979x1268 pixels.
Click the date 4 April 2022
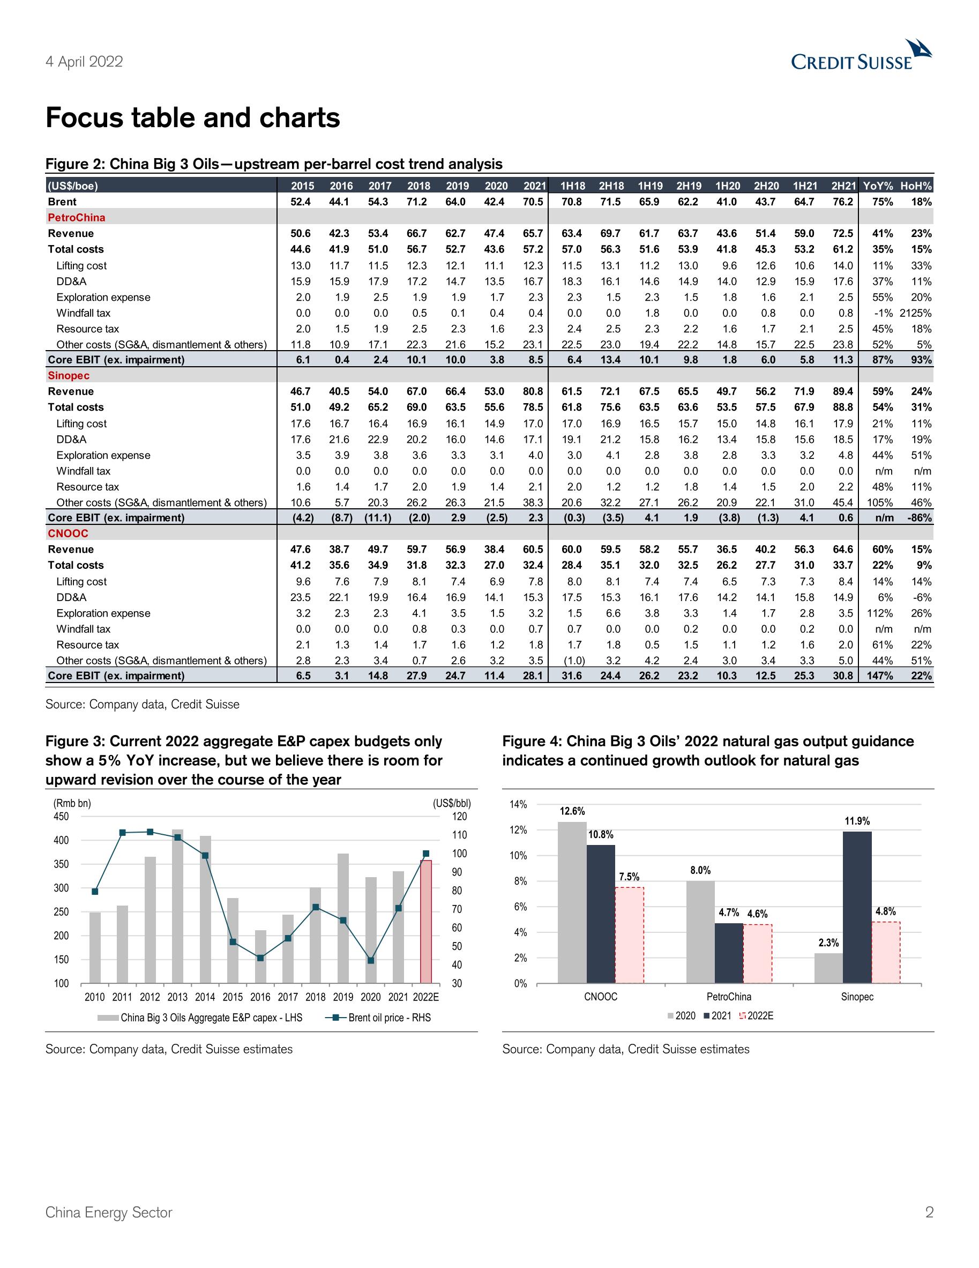(84, 62)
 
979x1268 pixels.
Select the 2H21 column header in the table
(843, 186)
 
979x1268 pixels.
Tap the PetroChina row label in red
(76, 218)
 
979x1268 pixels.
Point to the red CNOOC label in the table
(68, 533)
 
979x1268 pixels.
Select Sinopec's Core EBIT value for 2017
(377, 518)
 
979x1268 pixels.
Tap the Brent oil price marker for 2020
(371, 960)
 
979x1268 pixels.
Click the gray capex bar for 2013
(177, 906)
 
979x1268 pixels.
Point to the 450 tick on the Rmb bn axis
(61, 817)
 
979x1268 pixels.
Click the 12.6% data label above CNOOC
(572, 811)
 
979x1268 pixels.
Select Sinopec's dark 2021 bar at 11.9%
(857, 908)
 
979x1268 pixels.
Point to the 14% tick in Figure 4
(518, 804)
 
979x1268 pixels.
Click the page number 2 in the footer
(929, 1212)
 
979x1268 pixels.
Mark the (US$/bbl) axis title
(452, 804)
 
